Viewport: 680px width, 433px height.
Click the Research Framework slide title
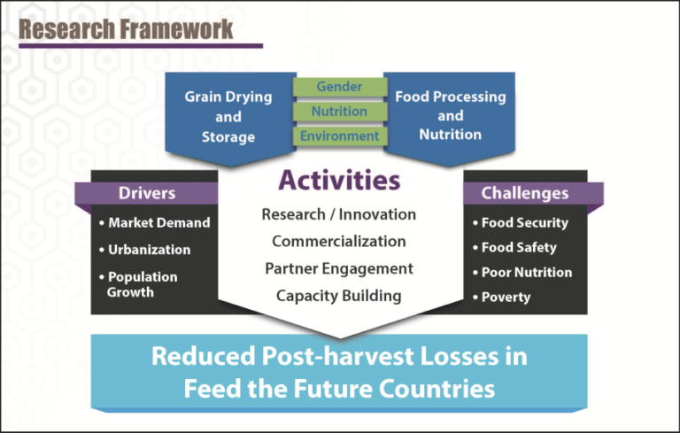(x=127, y=28)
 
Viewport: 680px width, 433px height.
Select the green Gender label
(x=339, y=87)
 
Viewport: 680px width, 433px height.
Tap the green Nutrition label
(x=339, y=112)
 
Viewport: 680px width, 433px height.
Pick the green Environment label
(x=339, y=136)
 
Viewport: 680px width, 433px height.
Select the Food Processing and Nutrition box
(x=450, y=116)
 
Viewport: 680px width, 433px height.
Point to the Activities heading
(x=339, y=180)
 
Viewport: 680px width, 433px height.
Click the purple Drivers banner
(x=147, y=193)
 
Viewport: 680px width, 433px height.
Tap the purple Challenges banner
(x=524, y=193)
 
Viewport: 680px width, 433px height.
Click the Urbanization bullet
(x=143, y=250)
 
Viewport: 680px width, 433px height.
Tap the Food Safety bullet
(x=518, y=248)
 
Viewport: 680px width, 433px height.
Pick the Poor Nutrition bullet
(x=526, y=273)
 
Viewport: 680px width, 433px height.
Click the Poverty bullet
(x=505, y=298)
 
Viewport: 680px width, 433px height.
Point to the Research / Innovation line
(x=339, y=214)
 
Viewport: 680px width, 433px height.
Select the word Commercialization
(x=339, y=242)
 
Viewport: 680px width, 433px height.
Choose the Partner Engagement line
(x=339, y=268)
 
